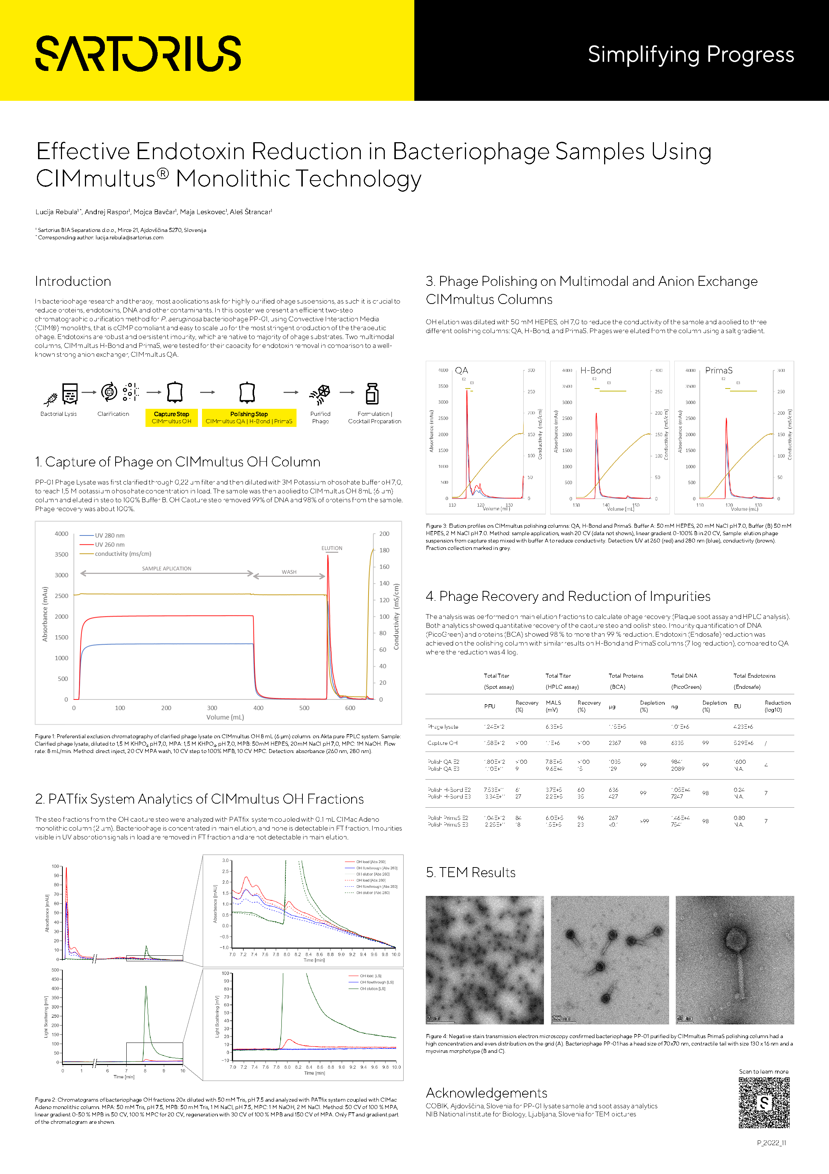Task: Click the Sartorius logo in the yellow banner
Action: coord(138,53)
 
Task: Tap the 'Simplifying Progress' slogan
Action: coord(691,54)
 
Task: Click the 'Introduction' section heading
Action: coord(73,281)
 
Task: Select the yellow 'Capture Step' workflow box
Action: coord(171,417)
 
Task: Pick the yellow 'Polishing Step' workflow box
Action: coord(249,417)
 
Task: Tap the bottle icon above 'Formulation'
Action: coord(372,394)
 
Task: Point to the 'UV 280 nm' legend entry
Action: coord(109,535)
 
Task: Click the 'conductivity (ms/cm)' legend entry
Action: coord(123,554)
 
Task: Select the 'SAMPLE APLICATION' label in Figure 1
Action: coord(167,569)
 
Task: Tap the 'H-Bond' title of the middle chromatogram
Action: coord(595,370)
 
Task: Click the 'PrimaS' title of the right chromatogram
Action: coord(719,370)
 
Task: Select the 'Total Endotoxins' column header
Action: coord(754,676)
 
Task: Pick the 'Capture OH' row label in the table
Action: coord(442,743)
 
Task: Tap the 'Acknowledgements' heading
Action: coord(486,1093)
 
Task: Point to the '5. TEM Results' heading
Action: coord(470,872)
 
